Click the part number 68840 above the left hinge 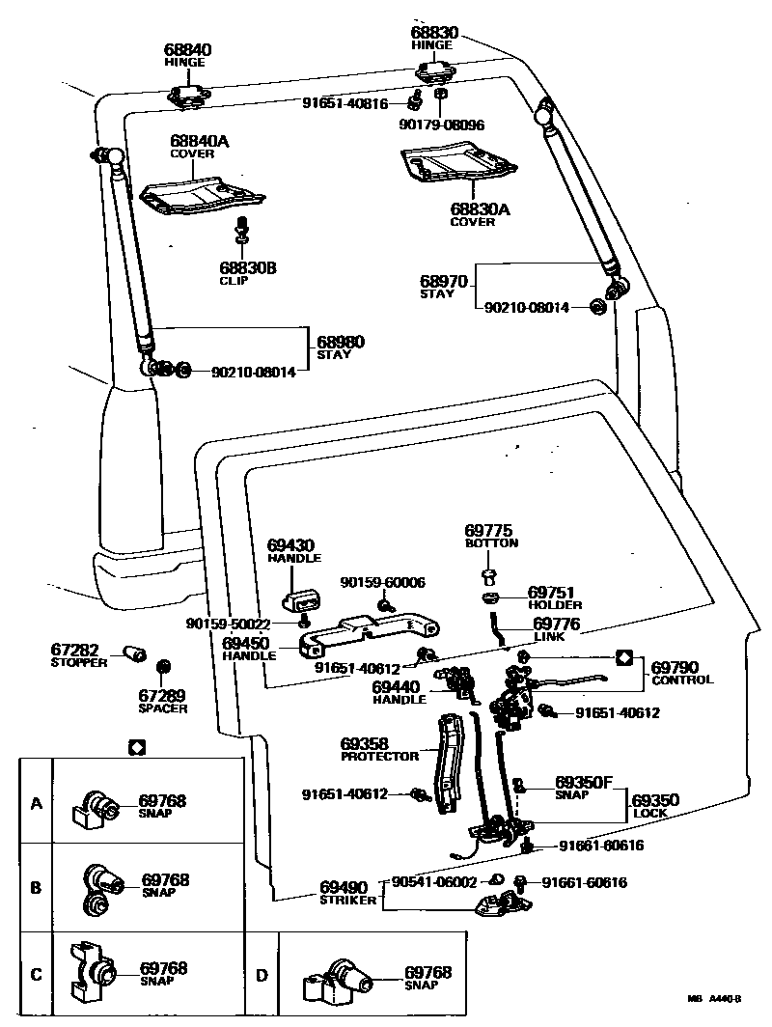[187, 50]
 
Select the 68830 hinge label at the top [434, 33]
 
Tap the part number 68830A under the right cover [480, 209]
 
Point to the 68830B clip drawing [241, 230]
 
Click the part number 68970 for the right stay [444, 282]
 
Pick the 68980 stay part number [341, 342]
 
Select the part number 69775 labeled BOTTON [488, 531]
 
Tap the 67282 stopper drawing [135, 653]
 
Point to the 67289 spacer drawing [163, 667]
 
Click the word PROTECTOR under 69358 [380, 757]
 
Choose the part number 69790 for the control [675, 668]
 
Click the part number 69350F [584, 782]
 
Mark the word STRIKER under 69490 [348, 901]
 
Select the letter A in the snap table [37, 803]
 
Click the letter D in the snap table [262, 976]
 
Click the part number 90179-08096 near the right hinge [442, 125]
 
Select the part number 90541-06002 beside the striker [434, 882]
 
